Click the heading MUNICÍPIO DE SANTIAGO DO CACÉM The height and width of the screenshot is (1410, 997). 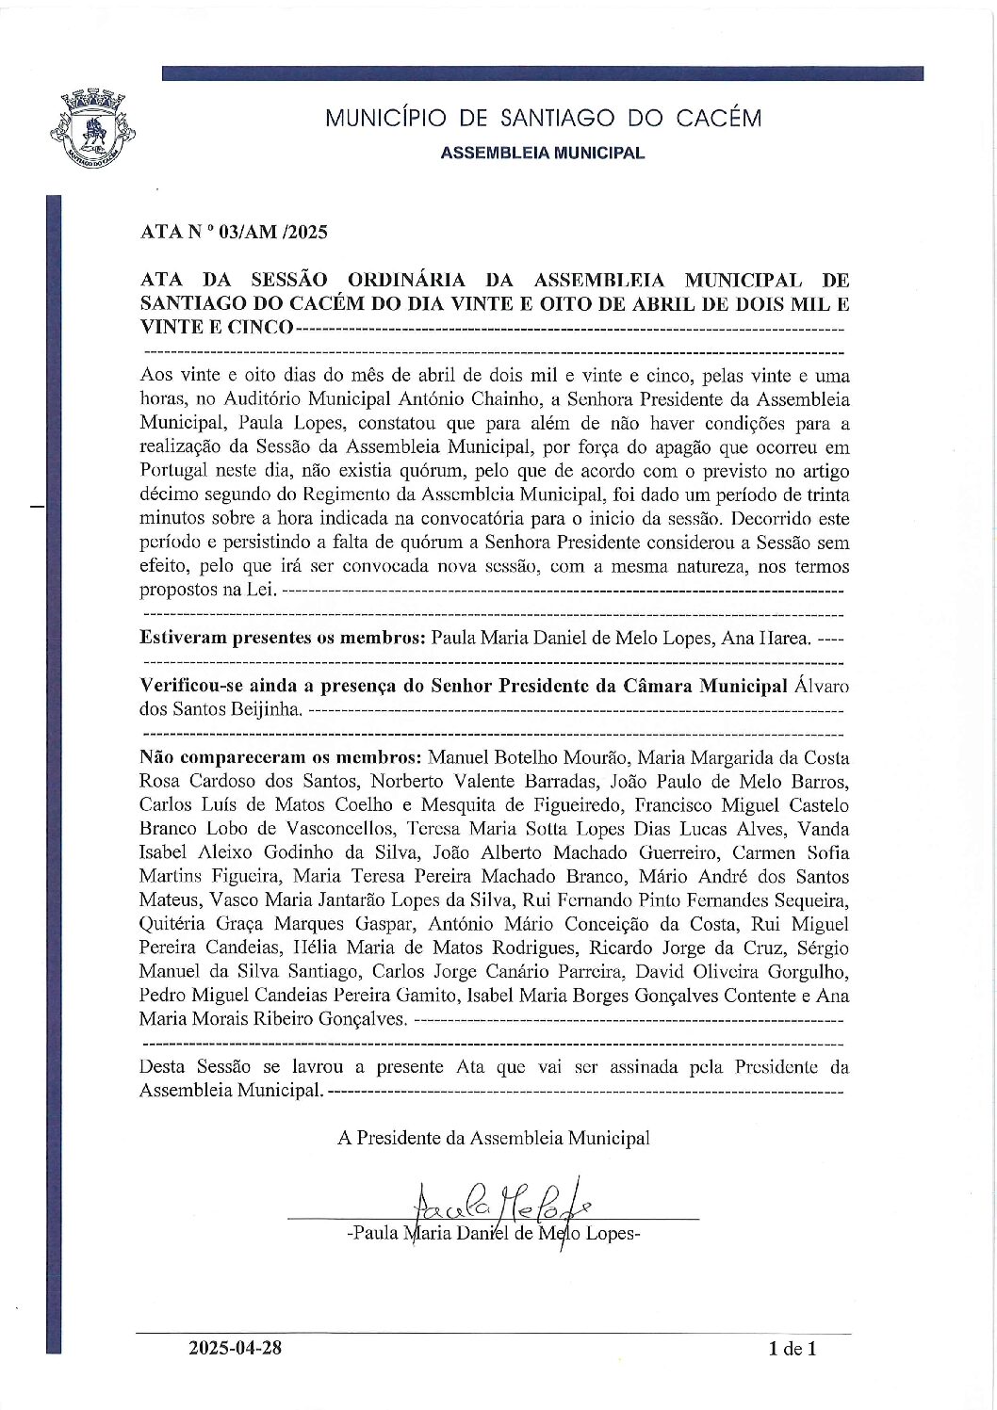(543, 119)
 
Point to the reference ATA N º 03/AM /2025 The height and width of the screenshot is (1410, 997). (234, 232)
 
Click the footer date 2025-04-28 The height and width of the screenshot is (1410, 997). (235, 1348)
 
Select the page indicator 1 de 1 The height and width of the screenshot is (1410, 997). (793, 1349)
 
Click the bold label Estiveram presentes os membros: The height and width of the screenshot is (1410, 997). (283, 638)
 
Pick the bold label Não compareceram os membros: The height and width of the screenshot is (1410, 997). (281, 757)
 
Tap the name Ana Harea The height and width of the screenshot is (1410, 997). (764, 638)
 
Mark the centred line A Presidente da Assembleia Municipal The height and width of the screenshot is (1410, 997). (493, 1137)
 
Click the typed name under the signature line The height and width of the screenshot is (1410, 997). (493, 1233)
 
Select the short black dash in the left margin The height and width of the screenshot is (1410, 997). (38, 507)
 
